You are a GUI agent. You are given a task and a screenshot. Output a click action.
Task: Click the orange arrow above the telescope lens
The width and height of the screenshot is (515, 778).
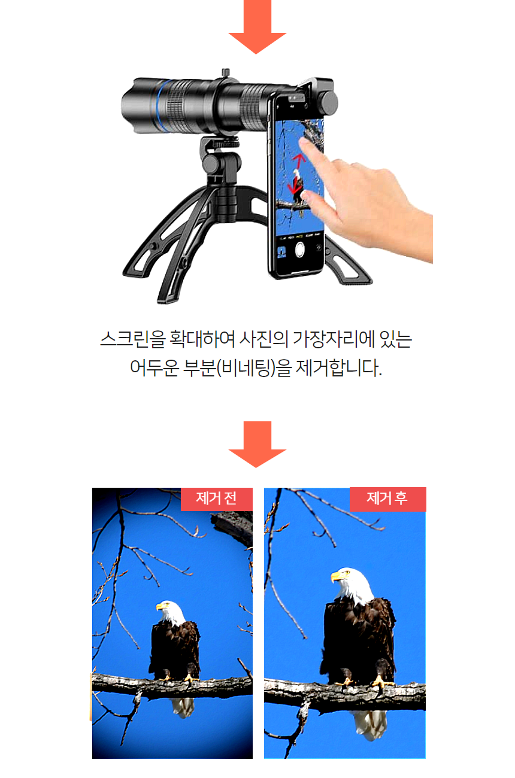pos(257,26)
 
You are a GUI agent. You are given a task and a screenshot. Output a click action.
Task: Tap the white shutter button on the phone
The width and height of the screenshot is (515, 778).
pos(299,250)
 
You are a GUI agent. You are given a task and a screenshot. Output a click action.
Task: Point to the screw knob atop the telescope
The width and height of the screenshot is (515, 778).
pos(226,73)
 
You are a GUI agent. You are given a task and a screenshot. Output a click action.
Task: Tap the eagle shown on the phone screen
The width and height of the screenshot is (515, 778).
pos(297,186)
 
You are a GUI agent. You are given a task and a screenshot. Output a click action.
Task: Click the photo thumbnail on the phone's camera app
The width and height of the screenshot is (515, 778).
pos(281,252)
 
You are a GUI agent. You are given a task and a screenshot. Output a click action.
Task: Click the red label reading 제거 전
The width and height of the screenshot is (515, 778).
pos(217,499)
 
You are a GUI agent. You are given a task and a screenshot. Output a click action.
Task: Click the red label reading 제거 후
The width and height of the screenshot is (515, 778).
pos(387,499)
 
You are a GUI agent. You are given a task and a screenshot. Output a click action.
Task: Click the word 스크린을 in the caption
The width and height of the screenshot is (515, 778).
pos(132,339)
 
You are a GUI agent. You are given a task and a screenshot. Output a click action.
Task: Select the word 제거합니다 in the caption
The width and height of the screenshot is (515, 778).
pos(339,368)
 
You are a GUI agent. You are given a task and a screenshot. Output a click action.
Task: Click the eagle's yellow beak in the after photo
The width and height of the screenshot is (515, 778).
pos(336,576)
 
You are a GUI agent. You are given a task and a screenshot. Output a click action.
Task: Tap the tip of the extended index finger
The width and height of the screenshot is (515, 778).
pos(303,141)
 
